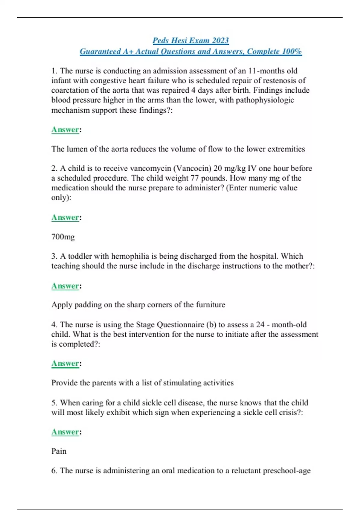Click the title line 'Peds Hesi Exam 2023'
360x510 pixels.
pos(191,40)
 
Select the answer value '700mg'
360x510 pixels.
pos(63,237)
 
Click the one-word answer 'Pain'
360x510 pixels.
pos(59,451)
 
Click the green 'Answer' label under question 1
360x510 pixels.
pos(65,130)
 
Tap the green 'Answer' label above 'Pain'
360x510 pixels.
pos(65,432)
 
